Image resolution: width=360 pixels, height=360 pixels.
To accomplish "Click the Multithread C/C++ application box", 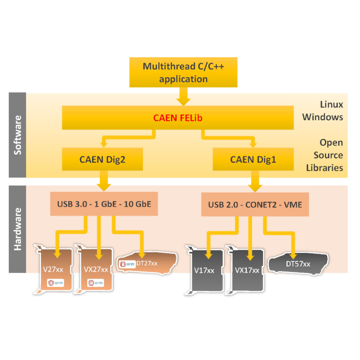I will [183, 72].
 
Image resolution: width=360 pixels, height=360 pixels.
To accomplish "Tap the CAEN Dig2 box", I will [102, 160].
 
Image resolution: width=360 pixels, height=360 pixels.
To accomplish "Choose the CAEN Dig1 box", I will [253, 160].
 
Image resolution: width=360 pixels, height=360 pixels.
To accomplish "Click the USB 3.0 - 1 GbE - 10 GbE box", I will [104, 204].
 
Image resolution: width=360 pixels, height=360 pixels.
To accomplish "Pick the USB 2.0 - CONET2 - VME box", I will [255, 204].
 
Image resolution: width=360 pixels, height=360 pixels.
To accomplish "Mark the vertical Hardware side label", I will [18, 229].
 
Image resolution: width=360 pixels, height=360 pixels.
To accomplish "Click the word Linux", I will [331, 104].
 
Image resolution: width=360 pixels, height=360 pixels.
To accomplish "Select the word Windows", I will [322, 117].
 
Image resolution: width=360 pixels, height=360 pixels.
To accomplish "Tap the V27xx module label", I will [53, 270].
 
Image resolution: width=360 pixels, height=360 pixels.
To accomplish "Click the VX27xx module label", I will [96, 270].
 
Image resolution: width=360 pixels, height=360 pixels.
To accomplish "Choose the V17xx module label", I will [204, 270].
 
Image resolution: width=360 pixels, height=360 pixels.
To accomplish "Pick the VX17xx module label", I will [247, 270].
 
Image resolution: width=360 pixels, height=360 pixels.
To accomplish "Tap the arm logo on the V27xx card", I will [55, 282].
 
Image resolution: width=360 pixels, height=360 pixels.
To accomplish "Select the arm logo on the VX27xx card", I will [95, 282].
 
